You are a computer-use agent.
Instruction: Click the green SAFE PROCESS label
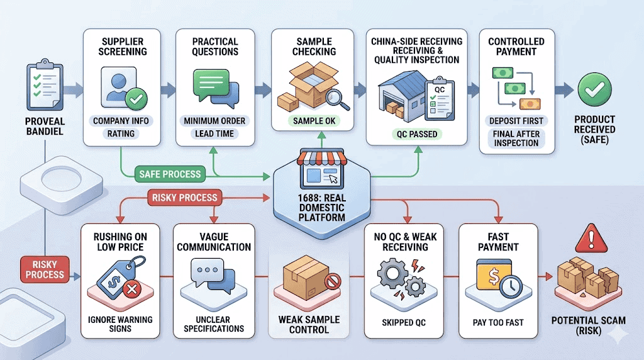pyautogui.click(x=170, y=174)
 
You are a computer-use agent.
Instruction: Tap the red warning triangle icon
pyautogui.click(x=591, y=239)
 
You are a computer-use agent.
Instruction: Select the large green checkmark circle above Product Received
pyautogui.click(x=594, y=89)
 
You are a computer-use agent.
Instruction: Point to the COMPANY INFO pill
pyautogui.click(x=121, y=121)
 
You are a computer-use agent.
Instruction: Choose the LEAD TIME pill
pyautogui.click(x=214, y=133)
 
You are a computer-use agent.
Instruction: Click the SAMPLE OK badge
pyautogui.click(x=314, y=121)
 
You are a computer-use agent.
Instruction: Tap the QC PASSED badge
pyautogui.click(x=417, y=134)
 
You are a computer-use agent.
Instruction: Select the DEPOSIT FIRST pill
pyautogui.click(x=516, y=121)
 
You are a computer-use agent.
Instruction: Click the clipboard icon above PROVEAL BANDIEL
pyautogui.click(x=45, y=85)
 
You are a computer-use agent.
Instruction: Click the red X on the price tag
pyautogui.click(x=132, y=290)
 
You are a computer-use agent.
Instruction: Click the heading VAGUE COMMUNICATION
pyautogui.click(x=214, y=242)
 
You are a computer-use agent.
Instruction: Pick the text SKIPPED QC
pyautogui.click(x=404, y=323)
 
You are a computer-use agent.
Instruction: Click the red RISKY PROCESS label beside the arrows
pyautogui.click(x=185, y=198)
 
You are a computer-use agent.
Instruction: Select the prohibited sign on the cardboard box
pyautogui.click(x=333, y=281)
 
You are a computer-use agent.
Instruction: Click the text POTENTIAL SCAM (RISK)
pyautogui.click(x=589, y=325)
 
